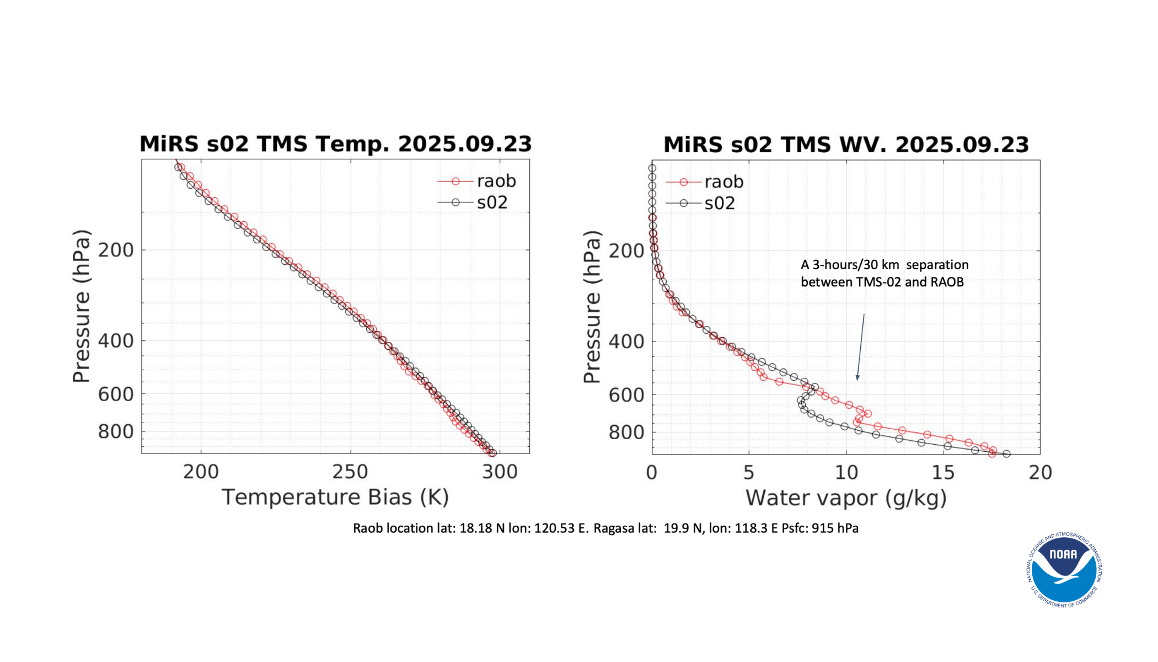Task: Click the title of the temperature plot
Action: pos(335,144)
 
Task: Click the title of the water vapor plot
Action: pos(846,145)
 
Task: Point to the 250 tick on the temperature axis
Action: pos(350,472)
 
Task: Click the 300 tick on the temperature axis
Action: pos(500,472)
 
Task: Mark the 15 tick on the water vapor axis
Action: pos(943,473)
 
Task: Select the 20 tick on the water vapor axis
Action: pos(1040,473)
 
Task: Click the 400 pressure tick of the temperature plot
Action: pos(116,341)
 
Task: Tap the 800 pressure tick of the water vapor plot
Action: pos(626,433)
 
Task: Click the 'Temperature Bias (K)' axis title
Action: pos(335,498)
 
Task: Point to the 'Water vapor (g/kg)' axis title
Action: pos(846,498)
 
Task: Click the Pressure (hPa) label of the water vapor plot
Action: pos(592,307)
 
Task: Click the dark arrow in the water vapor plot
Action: pos(860,348)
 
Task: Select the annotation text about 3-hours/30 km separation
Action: pos(884,273)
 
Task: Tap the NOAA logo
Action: pos(1064,570)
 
